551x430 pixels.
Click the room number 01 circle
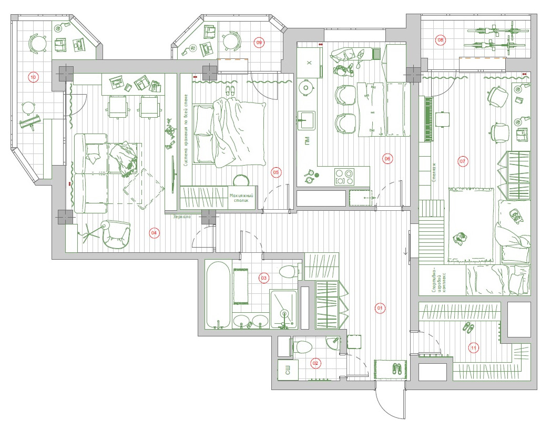[x=380, y=308]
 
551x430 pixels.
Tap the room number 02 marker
[x=315, y=363]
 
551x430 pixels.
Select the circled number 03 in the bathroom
[x=264, y=278]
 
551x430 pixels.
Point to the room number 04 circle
[x=154, y=233]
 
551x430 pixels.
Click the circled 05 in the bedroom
[x=275, y=172]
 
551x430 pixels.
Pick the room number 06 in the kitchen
[x=387, y=158]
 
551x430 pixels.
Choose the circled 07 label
[x=463, y=161]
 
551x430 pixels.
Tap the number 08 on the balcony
[x=441, y=39]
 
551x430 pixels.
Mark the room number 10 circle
[x=33, y=77]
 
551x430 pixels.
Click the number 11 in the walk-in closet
[x=474, y=347]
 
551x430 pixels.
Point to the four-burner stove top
[x=344, y=176]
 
